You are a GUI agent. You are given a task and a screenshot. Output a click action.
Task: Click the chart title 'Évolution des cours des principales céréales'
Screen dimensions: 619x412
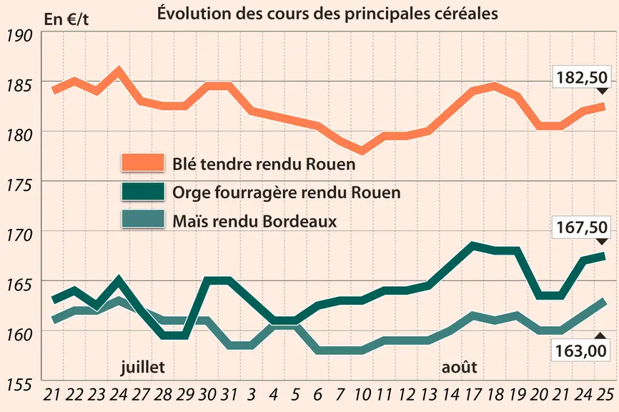(327, 13)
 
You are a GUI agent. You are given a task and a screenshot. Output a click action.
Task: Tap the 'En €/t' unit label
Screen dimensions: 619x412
(66, 19)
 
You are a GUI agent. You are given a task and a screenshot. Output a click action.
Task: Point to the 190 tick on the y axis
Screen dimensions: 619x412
(19, 36)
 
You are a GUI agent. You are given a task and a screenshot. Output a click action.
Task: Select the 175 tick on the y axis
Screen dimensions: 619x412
(19, 185)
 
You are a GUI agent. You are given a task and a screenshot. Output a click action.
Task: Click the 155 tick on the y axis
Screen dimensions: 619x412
(19, 384)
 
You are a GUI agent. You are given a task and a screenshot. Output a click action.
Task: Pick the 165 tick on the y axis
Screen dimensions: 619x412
(19, 285)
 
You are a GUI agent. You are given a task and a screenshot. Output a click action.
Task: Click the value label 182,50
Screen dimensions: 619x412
(582, 77)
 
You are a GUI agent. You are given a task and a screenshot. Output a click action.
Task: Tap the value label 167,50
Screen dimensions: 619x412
(582, 227)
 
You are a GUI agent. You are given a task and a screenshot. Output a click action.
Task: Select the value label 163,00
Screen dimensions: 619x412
(580, 350)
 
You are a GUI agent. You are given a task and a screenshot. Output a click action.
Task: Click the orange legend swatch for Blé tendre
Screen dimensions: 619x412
(143, 163)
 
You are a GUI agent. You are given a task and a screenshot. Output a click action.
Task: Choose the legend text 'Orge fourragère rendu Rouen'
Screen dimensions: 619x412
(287, 192)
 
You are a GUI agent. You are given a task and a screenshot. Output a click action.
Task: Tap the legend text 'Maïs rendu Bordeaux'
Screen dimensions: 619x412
(254, 221)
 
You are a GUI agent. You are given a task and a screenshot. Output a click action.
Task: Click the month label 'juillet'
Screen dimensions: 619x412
(142, 367)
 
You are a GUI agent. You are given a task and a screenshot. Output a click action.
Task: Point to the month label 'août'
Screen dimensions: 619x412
(459, 368)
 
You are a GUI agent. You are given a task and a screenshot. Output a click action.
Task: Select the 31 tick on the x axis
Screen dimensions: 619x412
(229, 395)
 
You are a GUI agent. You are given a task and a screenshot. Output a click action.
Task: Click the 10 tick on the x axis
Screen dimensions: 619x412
(362, 395)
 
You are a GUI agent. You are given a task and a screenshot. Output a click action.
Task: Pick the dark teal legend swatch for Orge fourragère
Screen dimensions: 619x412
(143, 192)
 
